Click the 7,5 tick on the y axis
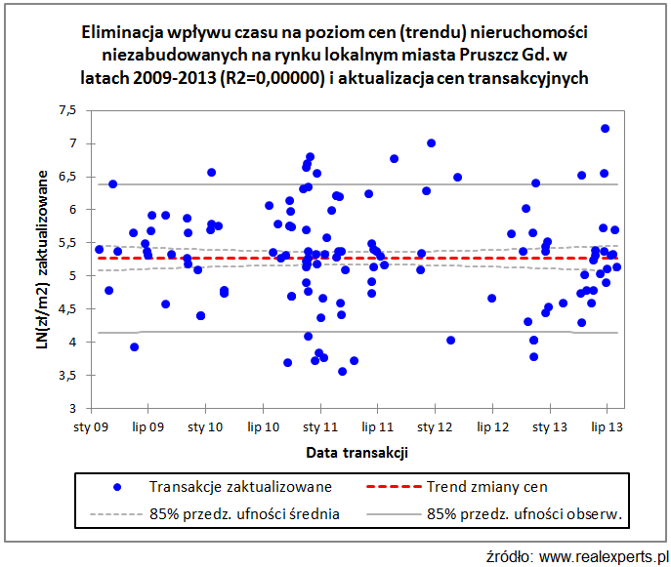(65, 110)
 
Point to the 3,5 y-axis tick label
(65, 375)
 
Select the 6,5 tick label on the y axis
(65, 177)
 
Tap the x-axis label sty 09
(92, 427)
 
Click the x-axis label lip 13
(608, 427)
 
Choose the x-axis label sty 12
(437, 427)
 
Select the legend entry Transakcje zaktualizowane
(240, 486)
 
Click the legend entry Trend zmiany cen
(487, 486)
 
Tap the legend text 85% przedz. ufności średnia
(244, 513)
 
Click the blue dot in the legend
(117, 486)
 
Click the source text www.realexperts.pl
(598, 555)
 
